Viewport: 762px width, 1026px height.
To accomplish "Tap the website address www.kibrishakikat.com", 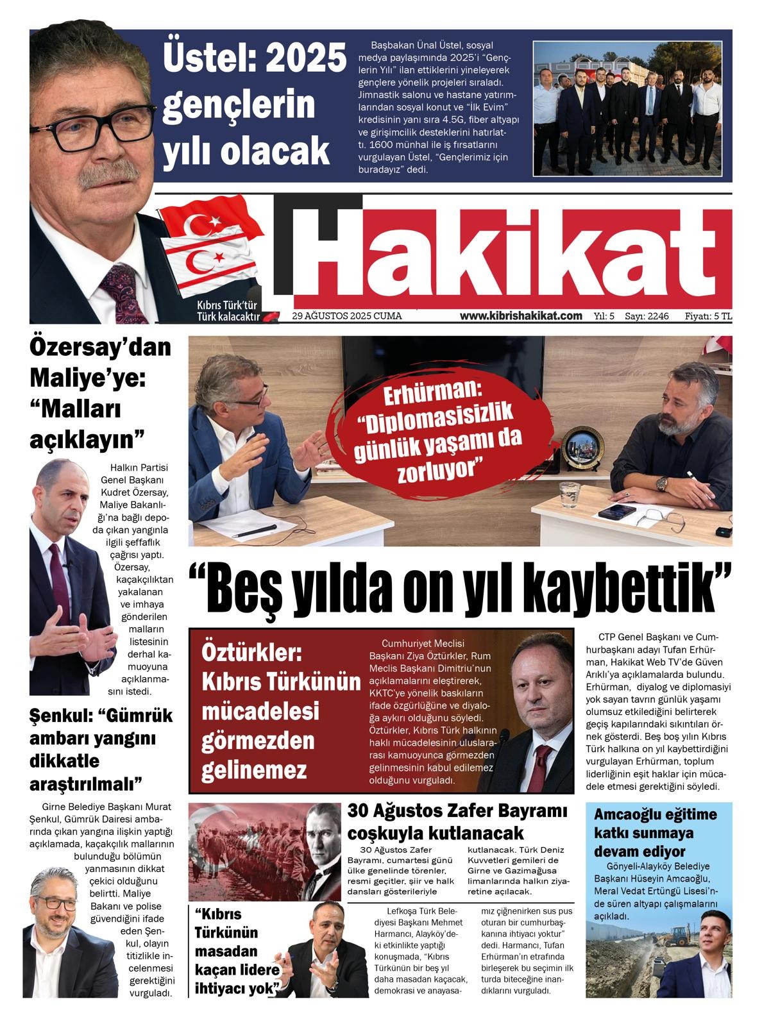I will (x=521, y=315).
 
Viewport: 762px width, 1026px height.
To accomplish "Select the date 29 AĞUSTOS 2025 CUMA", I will (x=347, y=316).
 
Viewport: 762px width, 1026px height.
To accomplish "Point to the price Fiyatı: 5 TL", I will (x=708, y=316).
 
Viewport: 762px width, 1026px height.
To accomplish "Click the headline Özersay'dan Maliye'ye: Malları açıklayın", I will (x=99, y=394).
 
